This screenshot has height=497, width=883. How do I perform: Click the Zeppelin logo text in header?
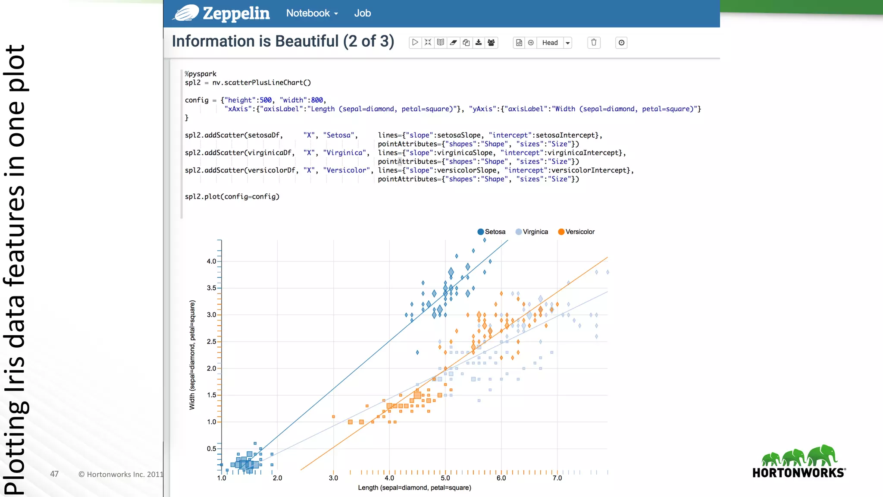pyautogui.click(x=236, y=13)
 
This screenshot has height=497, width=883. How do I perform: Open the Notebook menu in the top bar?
pyautogui.click(x=312, y=13)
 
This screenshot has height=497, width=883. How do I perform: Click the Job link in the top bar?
pyautogui.click(x=362, y=13)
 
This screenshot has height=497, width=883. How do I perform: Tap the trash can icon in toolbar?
pyautogui.click(x=594, y=43)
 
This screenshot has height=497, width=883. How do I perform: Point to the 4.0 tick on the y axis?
pyautogui.click(x=211, y=261)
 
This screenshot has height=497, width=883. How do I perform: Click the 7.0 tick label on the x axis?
pyautogui.click(x=557, y=478)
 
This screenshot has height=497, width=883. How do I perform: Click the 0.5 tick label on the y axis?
pyautogui.click(x=211, y=449)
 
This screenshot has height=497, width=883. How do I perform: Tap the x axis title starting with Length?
pyautogui.click(x=414, y=488)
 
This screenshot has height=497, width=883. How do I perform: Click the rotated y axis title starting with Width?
pyautogui.click(x=192, y=355)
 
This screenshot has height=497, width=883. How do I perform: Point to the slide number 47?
pyautogui.click(x=54, y=474)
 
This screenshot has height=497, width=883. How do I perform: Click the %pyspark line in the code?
pyautogui.click(x=201, y=74)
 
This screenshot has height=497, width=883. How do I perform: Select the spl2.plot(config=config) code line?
pyautogui.click(x=232, y=197)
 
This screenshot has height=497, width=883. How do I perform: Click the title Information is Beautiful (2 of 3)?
pyautogui.click(x=283, y=41)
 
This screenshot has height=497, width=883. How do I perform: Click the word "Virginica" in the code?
pyautogui.click(x=345, y=153)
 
